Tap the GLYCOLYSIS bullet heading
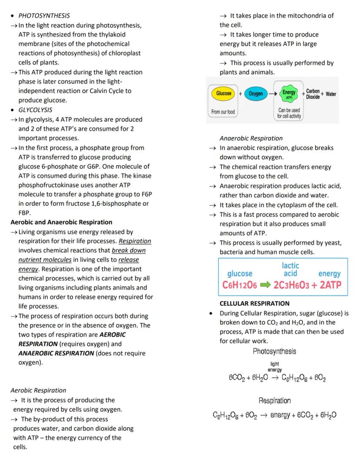[x=35, y=110]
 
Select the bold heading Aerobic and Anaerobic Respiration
[x=61, y=222]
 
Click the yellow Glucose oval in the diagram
[x=224, y=94]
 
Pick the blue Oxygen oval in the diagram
[x=256, y=94]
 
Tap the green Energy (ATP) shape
[x=288, y=94]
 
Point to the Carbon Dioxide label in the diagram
[x=313, y=94]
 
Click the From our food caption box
[x=223, y=112]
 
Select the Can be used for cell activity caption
[x=289, y=113]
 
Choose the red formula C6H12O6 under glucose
[x=240, y=285]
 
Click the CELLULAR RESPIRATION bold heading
[x=254, y=303]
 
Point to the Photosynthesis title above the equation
[x=274, y=351]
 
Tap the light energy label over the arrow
[x=275, y=367]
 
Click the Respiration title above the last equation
[x=274, y=400]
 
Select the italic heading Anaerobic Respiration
[x=251, y=138]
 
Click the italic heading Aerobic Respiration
[x=38, y=390]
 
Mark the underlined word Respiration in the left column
[x=135, y=241]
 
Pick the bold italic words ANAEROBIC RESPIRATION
[x=56, y=353]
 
